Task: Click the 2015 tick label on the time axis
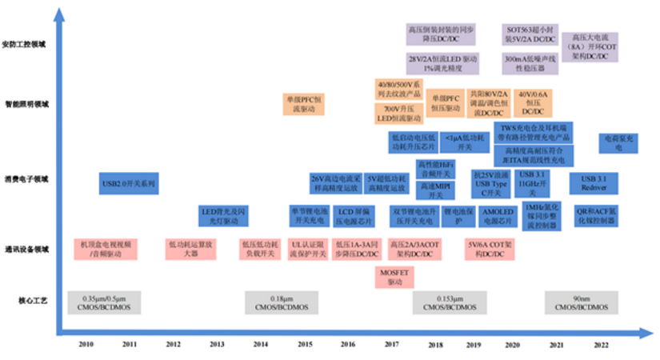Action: pyautogui.click(x=305, y=343)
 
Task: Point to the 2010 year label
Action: pyautogui.click(x=86, y=343)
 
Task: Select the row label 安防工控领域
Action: pyautogui.click(x=26, y=43)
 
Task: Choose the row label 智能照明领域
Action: pyautogui.click(x=26, y=104)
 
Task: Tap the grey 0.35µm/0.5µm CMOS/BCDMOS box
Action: pyautogui.click(x=103, y=302)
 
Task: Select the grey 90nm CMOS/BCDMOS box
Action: pyautogui.click(x=582, y=302)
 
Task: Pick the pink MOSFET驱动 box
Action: pyautogui.click(x=394, y=277)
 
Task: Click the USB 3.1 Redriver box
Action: pyautogui.click(x=593, y=183)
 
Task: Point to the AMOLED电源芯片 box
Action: pyautogui.click(x=497, y=216)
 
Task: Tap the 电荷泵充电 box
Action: pyautogui.click(x=618, y=143)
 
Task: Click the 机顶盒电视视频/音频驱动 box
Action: pyautogui.click(x=106, y=249)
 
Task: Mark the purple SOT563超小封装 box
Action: pyautogui.click(x=530, y=34)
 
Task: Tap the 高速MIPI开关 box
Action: pyautogui.click(x=436, y=190)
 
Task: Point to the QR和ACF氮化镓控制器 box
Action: pyautogui.click(x=596, y=216)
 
